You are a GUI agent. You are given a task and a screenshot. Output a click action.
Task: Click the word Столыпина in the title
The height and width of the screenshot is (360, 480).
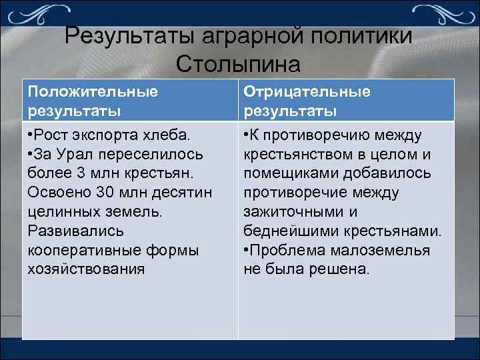(x=239, y=63)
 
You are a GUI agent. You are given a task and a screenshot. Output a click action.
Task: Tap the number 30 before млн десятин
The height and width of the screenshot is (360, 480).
(x=103, y=193)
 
